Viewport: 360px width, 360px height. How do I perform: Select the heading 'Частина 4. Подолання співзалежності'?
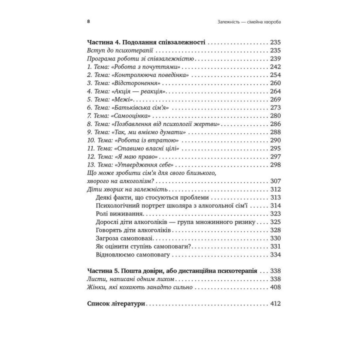[x=146, y=42]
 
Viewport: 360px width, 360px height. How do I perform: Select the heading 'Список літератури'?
[x=115, y=303]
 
